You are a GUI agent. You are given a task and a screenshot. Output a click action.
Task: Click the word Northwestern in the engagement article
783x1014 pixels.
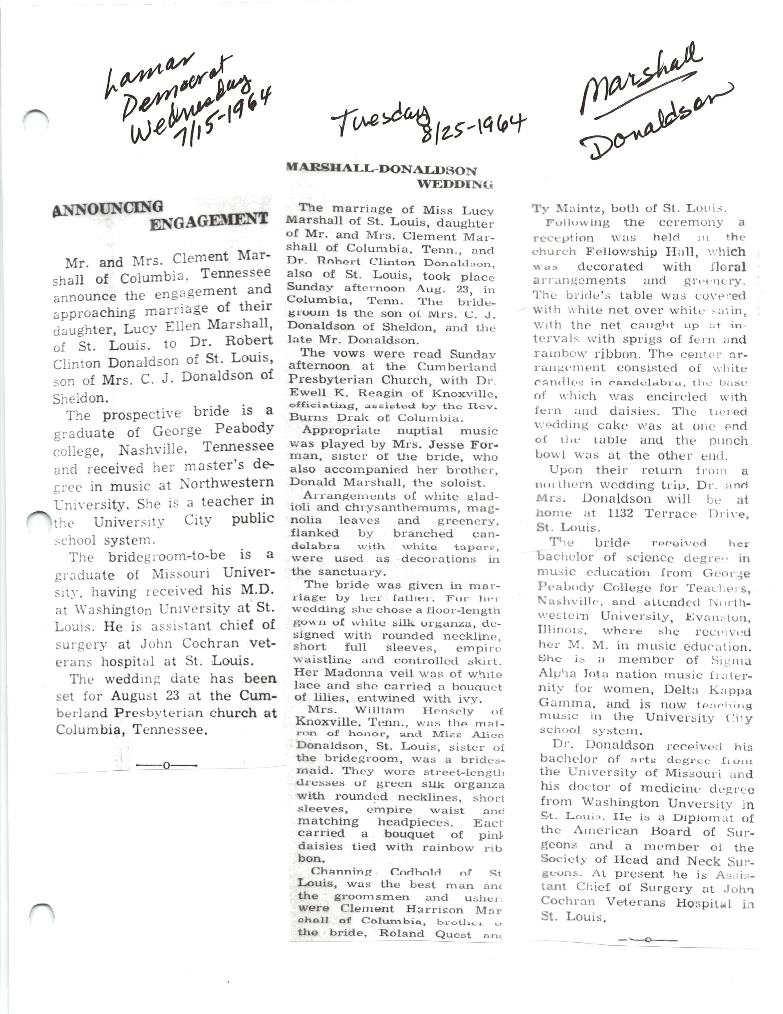pyautogui.click(x=227, y=484)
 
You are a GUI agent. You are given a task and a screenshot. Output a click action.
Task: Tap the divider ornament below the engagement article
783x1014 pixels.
pyautogui.click(x=166, y=765)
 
